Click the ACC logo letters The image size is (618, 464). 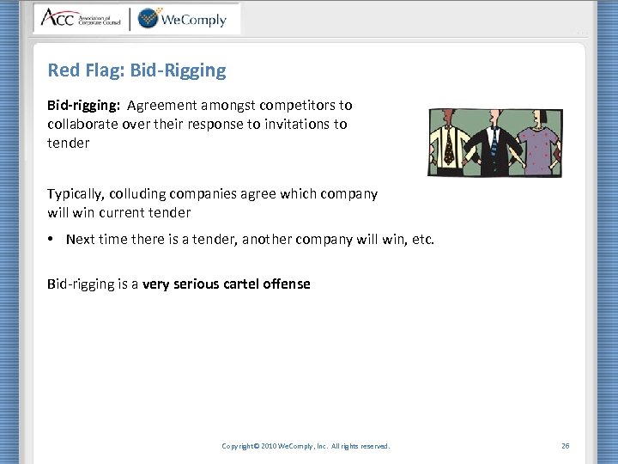coord(57,18)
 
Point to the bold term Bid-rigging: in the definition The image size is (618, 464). coord(84,106)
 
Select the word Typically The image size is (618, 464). coord(76,194)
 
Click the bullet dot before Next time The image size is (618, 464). coord(52,239)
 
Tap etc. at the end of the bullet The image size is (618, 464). coord(423,239)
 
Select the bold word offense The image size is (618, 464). coord(288,284)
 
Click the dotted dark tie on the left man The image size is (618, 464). coord(449,148)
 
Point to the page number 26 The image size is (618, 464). coord(565,446)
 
